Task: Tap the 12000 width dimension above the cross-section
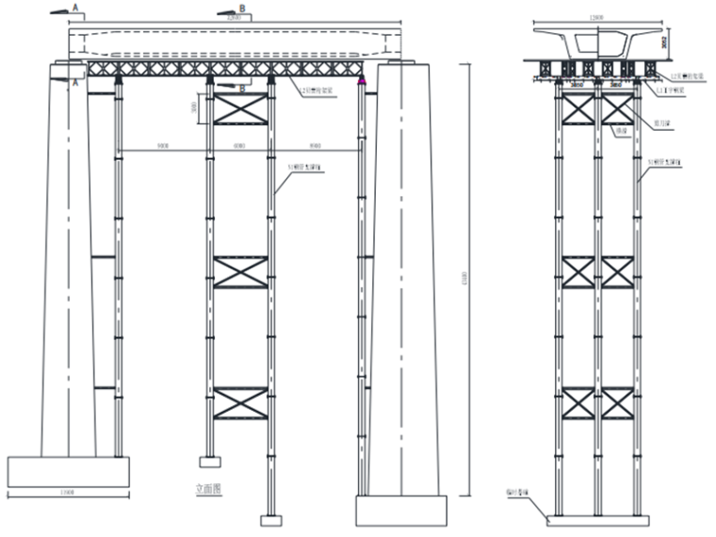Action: [594, 17]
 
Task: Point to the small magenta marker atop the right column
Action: [362, 85]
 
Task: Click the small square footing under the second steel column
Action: [209, 462]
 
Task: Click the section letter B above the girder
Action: [242, 9]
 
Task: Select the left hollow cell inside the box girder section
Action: [577, 41]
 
